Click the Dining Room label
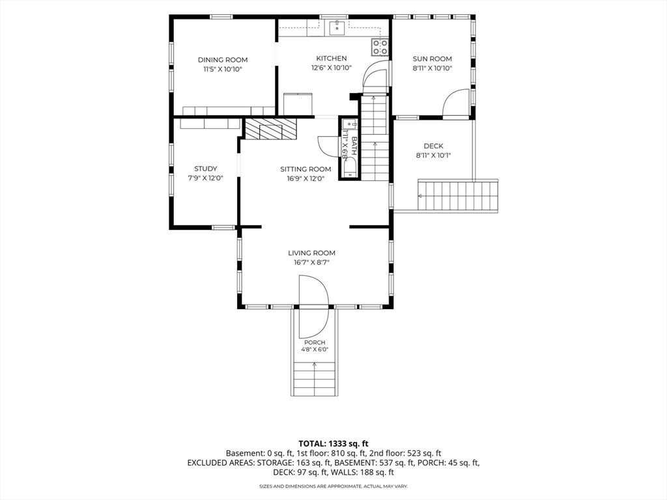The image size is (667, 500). click(x=223, y=60)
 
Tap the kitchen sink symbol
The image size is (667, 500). click(x=337, y=27)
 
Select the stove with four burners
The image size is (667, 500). click(x=380, y=47)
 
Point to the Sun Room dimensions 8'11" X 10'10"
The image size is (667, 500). click(x=433, y=68)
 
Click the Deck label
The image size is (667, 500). click(x=433, y=146)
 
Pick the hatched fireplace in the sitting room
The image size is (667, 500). click(x=270, y=128)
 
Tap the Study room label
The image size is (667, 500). click(x=206, y=169)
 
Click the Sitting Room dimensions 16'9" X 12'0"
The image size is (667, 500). click(x=306, y=178)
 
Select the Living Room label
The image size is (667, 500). click(x=312, y=253)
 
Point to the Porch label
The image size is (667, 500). click(x=315, y=342)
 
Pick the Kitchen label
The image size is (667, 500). click(x=332, y=58)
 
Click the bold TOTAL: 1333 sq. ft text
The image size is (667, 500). click(x=333, y=444)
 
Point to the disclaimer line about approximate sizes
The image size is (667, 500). click(x=333, y=486)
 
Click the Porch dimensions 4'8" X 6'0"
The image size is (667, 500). click(x=315, y=350)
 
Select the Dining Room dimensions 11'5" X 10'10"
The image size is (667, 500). click(x=223, y=69)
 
